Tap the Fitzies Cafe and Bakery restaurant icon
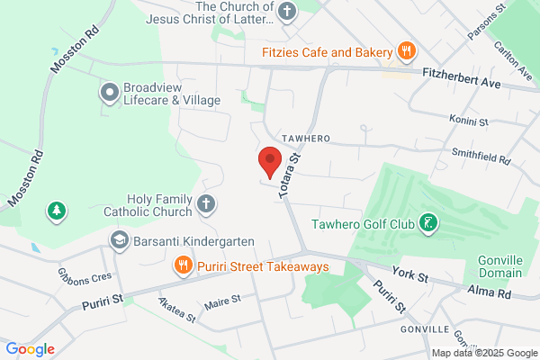tap(406, 51)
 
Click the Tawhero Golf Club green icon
tap(429, 223)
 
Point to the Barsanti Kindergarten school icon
tap(119, 240)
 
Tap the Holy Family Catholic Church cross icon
tap(206, 204)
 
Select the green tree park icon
tap(57, 211)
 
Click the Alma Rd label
tap(490, 293)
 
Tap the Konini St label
tap(468, 120)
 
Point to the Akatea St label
tap(176, 310)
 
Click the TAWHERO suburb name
tap(305, 138)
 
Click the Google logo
tap(31, 349)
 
